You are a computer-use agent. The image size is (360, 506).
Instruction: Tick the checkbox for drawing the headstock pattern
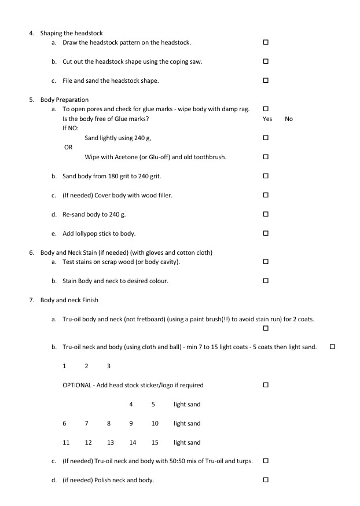(x=266, y=42)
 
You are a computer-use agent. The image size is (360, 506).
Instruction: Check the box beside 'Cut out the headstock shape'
(x=266, y=61)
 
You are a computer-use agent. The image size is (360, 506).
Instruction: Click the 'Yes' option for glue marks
(x=267, y=119)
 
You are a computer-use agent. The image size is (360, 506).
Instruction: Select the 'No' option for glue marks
(x=289, y=119)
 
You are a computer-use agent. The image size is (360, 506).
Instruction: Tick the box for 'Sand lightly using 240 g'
(x=266, y=138)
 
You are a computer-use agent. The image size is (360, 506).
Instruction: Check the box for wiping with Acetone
(x=266, y=157)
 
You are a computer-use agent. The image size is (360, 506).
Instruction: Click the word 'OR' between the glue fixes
(x=68, y=148)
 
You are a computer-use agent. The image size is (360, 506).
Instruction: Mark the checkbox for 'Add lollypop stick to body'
(x=266, y=233)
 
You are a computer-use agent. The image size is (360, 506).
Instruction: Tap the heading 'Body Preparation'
(x=64, y=100)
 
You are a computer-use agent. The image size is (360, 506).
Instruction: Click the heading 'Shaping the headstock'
(x=71, y=33)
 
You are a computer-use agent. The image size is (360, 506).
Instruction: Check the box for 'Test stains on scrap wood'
(x=266, y=262)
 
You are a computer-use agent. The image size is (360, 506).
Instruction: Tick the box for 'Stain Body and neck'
(x=266, y=281)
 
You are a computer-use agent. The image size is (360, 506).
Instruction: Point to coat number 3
(x=109, y=366)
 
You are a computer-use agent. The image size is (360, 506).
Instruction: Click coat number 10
(x=155, y=423)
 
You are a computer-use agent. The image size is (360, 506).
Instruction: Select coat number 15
(x=155, y=442)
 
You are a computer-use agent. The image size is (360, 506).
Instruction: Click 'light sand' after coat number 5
(x=187, y=404)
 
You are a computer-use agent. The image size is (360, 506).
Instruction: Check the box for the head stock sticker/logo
(x=266, y=385)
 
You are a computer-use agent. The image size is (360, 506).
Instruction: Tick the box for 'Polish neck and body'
(x=266, y=480)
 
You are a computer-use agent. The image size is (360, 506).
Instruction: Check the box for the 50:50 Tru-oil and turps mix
(x=266, y=461)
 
